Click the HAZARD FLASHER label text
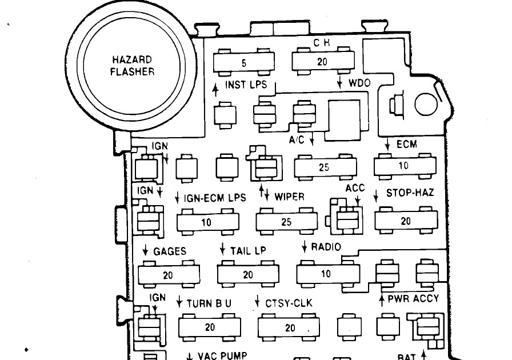(132, 66)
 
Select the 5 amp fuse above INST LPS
(244, 62)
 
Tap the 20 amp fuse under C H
(323, 61)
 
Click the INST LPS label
(246, 85)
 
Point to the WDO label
(359, 83)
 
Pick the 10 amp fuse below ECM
(405, 166)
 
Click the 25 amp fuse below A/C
(325, 167)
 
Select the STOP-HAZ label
(410, 193)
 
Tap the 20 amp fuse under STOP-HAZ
(406, 221)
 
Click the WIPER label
(289, 197)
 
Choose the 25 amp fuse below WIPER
(286, 222)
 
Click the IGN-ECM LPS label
(215, 198)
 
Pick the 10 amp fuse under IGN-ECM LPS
(207, 222)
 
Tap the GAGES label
(170, 251)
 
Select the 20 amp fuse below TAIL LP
(248, 274)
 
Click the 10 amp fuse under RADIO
(328, 273)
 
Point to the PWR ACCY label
(413, 299)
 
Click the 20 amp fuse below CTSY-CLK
(289, 327)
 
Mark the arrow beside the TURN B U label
(179, 302)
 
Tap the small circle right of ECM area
(426, 105)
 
